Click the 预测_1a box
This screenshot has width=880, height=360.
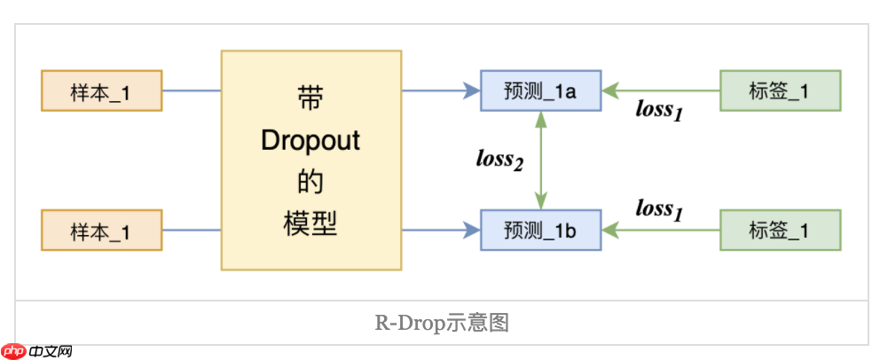coord(541,90)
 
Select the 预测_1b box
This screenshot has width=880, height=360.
coord(541,231)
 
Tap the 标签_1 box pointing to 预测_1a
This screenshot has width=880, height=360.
coord(780,90)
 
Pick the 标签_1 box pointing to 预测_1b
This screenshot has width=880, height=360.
coord(780,231)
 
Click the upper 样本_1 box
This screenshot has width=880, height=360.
coord(101,90)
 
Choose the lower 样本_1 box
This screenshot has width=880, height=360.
coord(101,231)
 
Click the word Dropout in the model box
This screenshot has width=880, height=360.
coord(310,141)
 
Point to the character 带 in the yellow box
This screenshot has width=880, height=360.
coord(310,98)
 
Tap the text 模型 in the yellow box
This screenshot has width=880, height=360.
coord(310,223)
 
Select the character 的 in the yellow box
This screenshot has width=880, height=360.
coord(310,183)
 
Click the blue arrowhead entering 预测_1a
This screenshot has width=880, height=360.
coord(472,90)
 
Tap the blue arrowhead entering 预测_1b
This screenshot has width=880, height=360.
coord(472,231)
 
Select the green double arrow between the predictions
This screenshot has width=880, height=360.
coord(540,160)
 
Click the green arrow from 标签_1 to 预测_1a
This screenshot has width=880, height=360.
coord(661,90)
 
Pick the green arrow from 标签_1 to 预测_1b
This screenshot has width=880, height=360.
coord(661,231)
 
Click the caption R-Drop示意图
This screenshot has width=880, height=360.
coord(441,323)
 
